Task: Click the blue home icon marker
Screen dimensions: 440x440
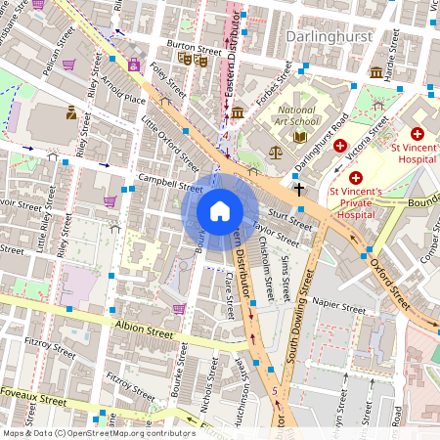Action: [x=220, y=210]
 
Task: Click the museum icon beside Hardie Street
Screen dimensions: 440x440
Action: [x=376, y=71]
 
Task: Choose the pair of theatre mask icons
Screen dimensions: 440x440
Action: [x=193, y=60]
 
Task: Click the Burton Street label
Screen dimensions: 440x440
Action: [x=194, y=45]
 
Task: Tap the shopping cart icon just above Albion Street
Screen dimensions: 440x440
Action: [x=179, y=308]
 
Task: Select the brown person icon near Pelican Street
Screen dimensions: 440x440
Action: [x=71, y=112]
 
